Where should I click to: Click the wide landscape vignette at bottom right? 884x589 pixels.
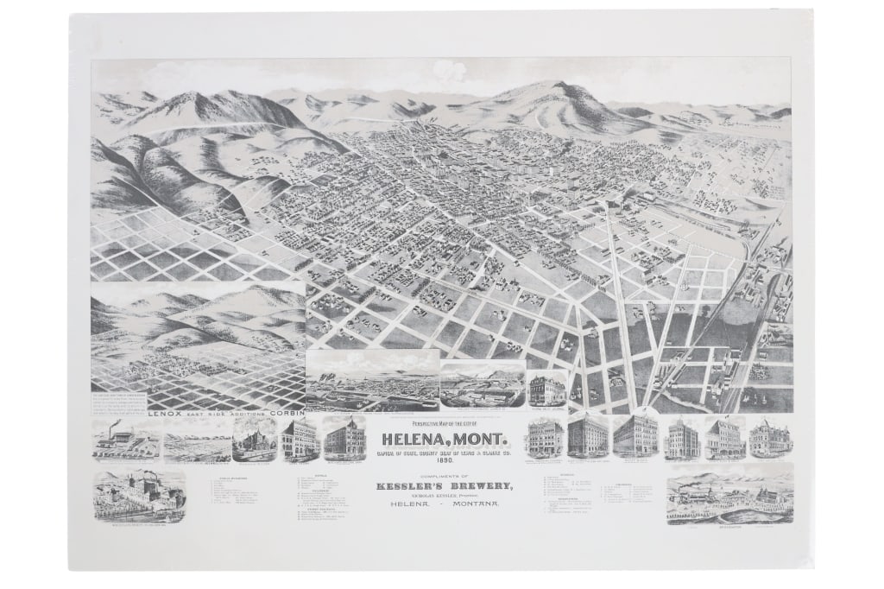pyautogui.click(x=729, y=494)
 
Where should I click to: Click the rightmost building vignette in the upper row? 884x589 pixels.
pyautogui.click(x=770, y=438)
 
